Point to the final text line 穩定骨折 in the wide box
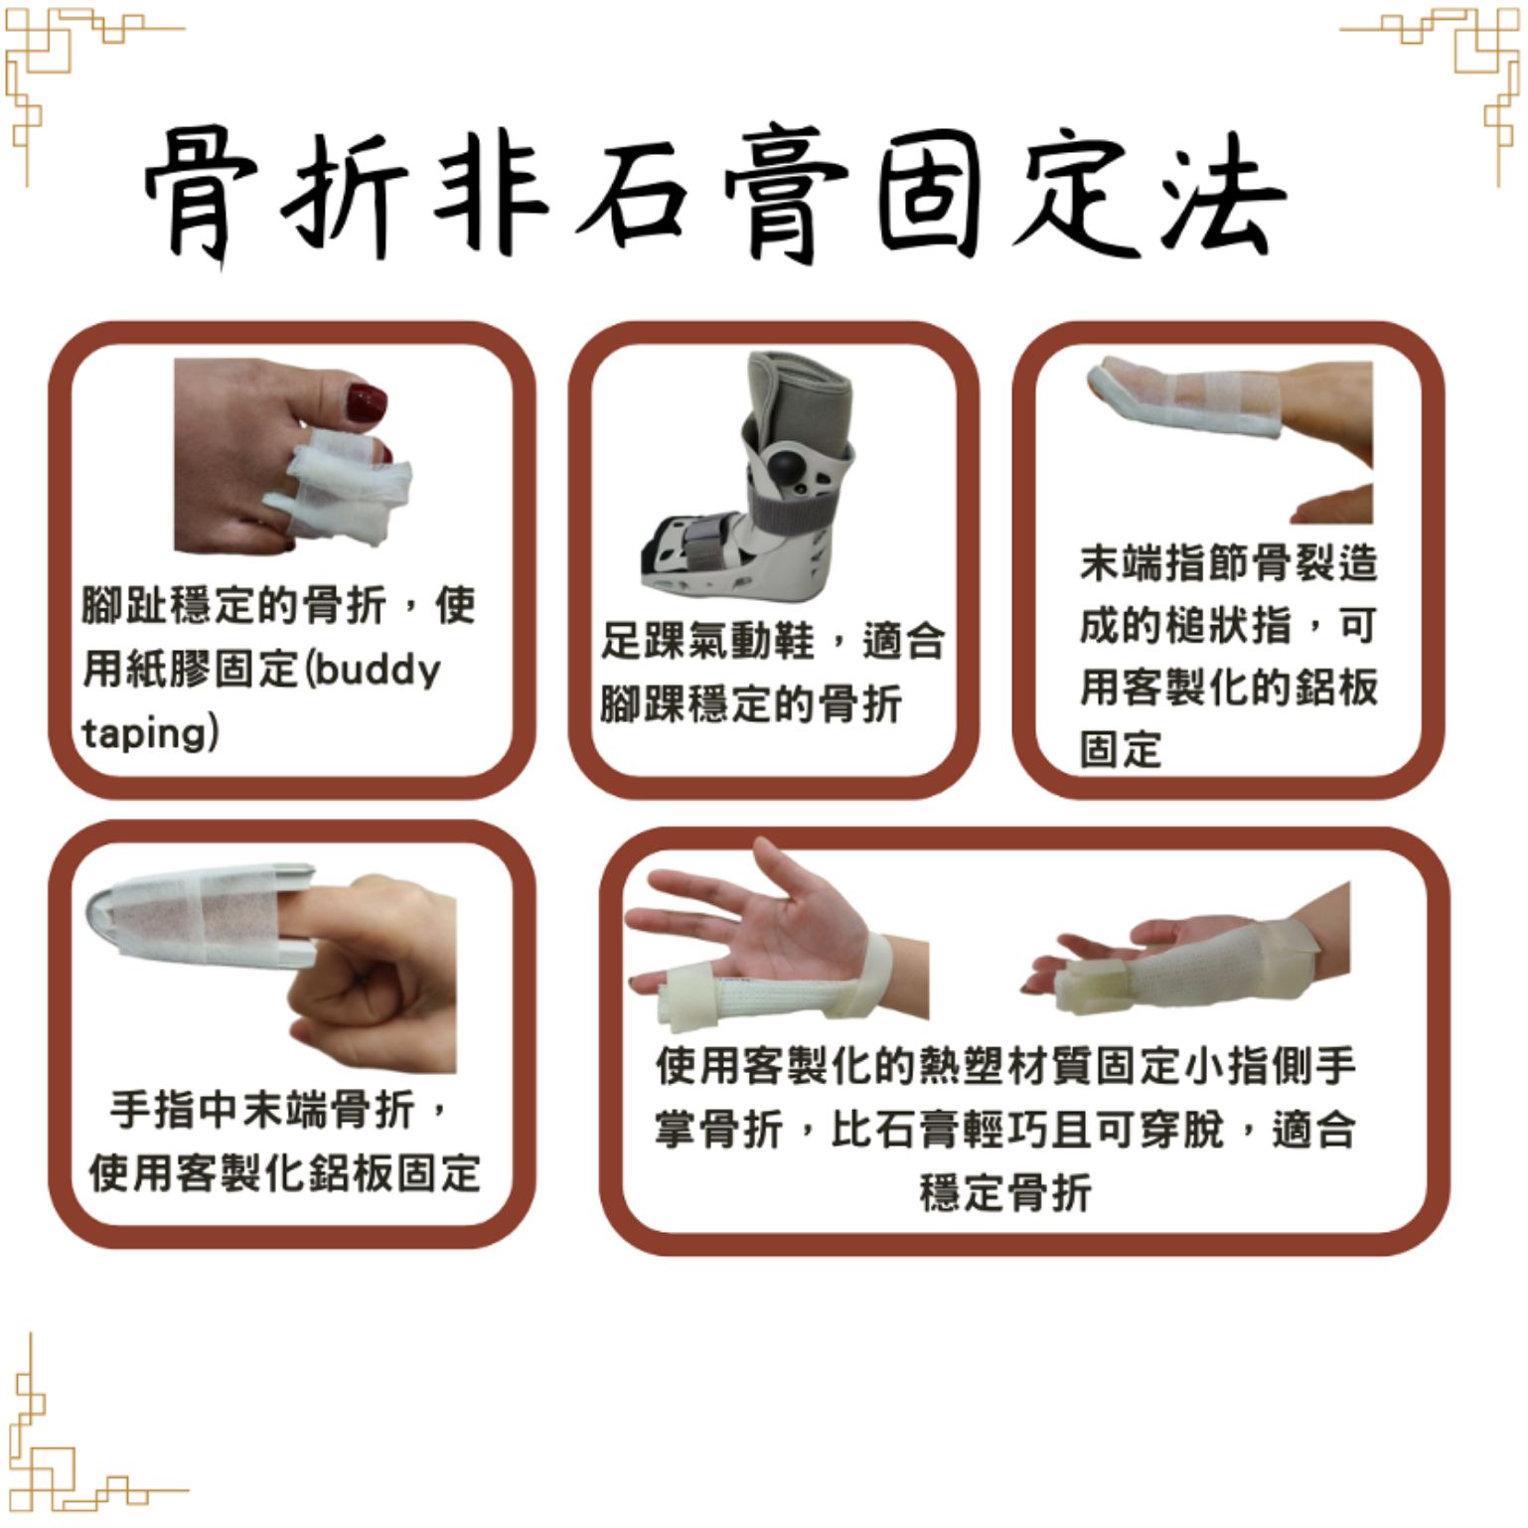[x=1004, y=1192]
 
